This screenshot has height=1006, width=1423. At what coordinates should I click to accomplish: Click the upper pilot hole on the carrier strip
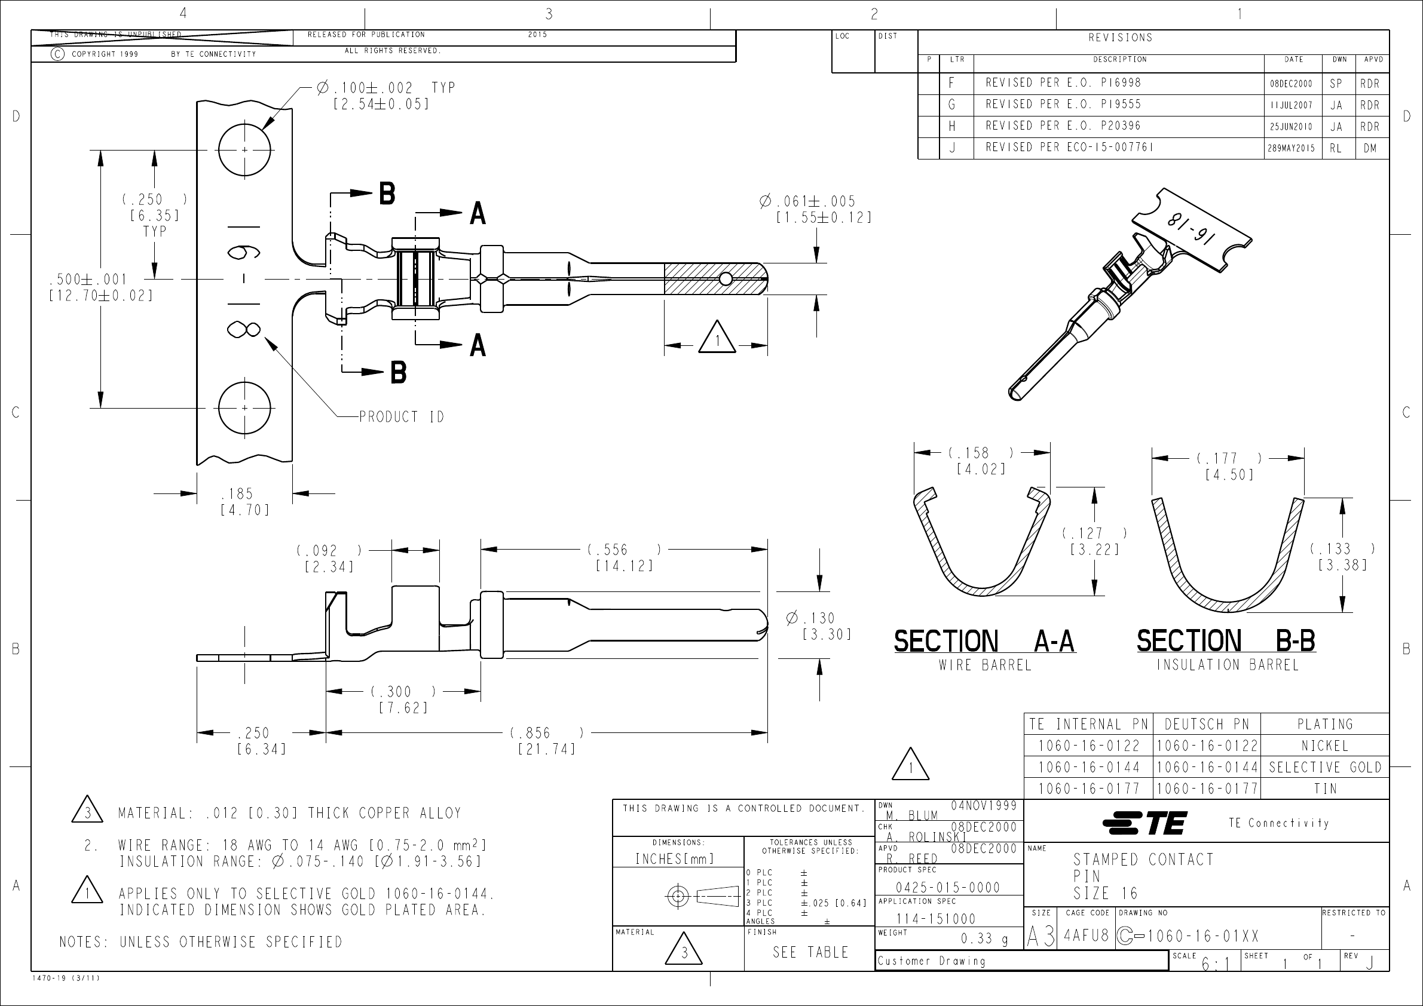click(x=244, y=150)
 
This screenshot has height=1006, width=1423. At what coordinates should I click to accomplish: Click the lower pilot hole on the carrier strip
click(x=244, y=407)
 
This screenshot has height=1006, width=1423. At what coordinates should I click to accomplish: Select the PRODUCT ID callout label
click(x=401, y=417)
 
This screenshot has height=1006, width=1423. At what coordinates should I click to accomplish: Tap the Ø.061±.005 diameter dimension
click(x=807, y=202)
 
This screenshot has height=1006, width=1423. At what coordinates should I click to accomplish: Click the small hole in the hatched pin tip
click(x=725, y=280)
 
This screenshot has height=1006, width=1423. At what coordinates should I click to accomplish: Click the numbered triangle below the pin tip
click(x=717, y=338)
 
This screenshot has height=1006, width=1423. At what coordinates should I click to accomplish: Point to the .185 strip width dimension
click(x=237, y=494)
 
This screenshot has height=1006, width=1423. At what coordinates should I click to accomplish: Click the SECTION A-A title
click(x=984, y=641)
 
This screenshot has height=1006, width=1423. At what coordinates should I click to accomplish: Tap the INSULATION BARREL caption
click(x=1226, y=665)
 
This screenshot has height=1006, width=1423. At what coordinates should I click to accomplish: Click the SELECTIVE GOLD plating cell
click(x=1324, y=768)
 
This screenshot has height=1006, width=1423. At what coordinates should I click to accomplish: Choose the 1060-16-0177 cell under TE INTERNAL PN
click(x=1088, y=789)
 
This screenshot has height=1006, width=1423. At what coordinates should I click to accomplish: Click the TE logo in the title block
click(x=1144, y=823)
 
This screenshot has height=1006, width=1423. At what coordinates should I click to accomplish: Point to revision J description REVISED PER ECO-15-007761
click(x=1070, y=148)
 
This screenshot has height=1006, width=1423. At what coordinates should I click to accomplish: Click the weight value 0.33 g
click(x=984, y=939)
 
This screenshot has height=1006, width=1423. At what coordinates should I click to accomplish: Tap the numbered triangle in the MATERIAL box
click(x=684, y=951)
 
